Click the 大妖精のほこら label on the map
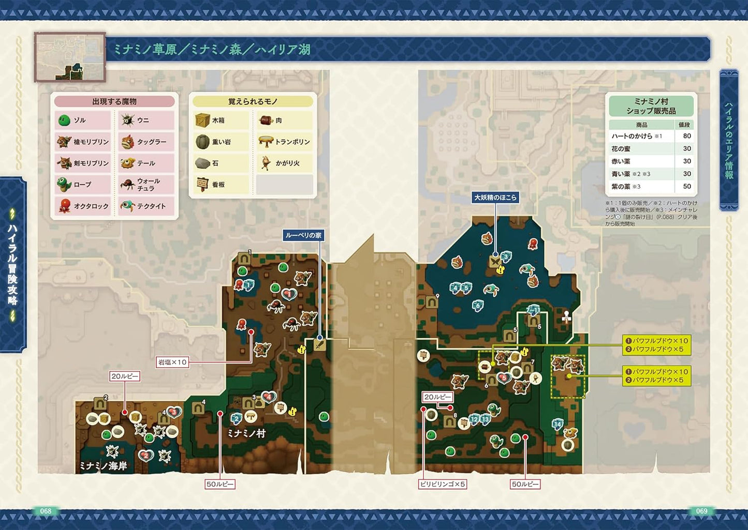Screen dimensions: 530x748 [x=495, y=198]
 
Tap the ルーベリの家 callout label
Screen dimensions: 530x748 [x=304, y=235]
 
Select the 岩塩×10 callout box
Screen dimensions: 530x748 [x=172, y=362]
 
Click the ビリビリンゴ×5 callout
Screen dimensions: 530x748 [x=443, y=484]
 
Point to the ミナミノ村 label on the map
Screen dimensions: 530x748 [x=246, y=433]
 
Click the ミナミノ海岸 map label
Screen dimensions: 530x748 [x=104, y=465]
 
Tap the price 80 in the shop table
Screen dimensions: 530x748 [x=687, y=136]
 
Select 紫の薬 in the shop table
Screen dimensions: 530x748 [x=621, y=186]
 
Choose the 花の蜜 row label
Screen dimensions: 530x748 [x=621, y=148]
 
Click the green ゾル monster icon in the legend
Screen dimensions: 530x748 [x=64, y=120]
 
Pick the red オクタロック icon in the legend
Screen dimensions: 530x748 [x=64, y=206]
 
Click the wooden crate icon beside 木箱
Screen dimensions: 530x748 [x=202, y=120]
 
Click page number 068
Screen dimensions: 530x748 [x=46, y=511]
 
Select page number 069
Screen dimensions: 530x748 [x=701, y=511]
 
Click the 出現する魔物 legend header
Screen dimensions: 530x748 [x=114, y=102]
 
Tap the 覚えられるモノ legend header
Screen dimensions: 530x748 [x=253, y=102]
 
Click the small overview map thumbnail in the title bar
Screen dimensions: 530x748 [x=70, y=57]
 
